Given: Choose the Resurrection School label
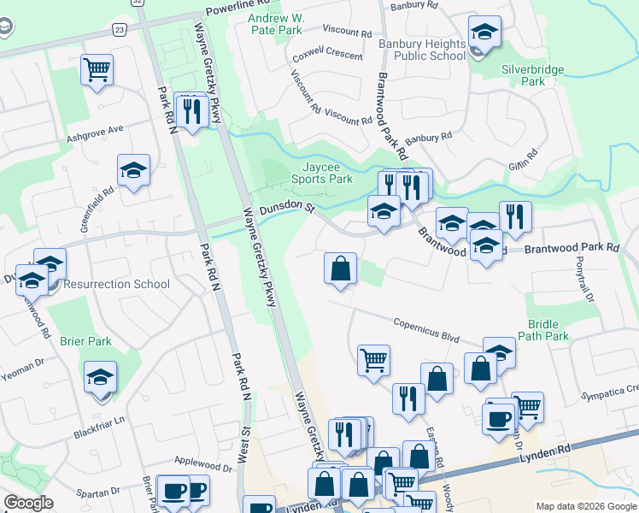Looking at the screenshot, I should click(x=115, y=284).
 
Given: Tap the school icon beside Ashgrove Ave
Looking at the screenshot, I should click(x=134, y=171).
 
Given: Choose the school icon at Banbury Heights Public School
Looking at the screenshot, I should click(x=484, y=33).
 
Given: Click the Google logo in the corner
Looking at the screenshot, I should click(x=29, y=503).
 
